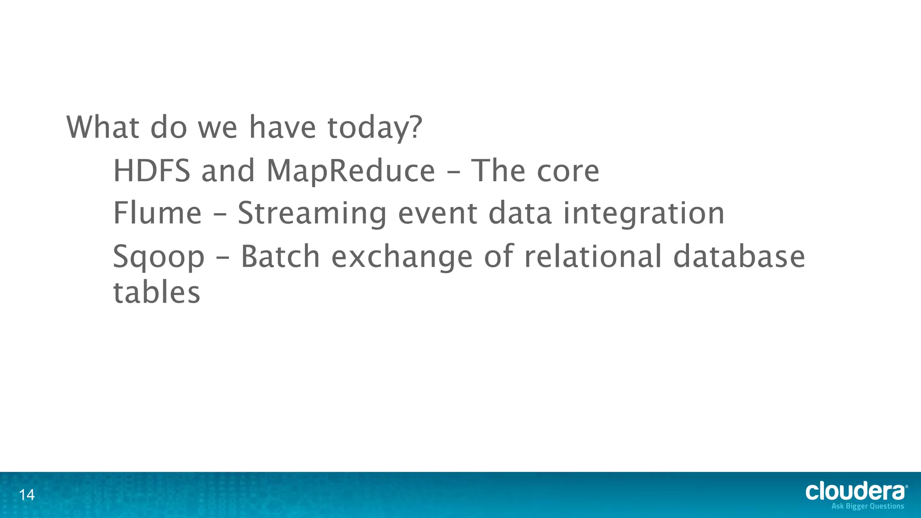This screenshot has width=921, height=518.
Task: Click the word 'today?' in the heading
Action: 375,128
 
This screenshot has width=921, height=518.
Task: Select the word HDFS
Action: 152,171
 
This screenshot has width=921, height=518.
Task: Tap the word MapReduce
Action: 351,171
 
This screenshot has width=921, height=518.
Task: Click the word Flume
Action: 157,213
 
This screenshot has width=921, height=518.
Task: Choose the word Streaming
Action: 312,214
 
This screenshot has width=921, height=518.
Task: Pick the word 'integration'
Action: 644,214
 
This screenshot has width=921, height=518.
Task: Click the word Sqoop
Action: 158,257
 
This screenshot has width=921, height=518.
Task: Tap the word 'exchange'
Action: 402,257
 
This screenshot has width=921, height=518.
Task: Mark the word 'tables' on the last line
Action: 156,293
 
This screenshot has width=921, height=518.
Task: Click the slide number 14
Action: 27,495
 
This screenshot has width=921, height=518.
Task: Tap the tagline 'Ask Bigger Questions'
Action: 867,506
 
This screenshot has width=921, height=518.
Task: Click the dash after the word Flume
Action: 219,215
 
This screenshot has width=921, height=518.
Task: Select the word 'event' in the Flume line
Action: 437,214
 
